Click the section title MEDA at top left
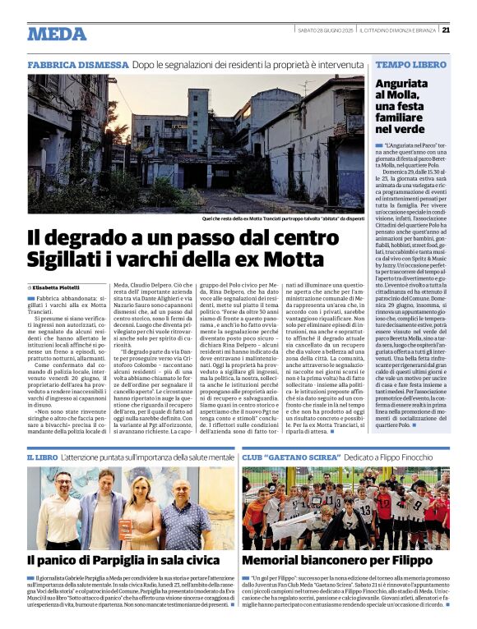click(57, 34)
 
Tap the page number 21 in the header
click(445, 30)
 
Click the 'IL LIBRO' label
click(42, 456)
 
